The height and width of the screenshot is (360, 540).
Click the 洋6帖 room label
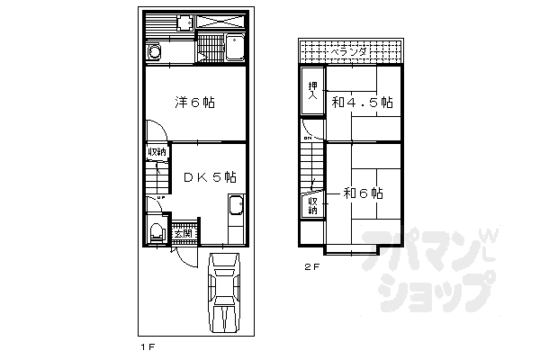pos(194,102)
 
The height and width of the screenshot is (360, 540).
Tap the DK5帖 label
pos(210,177)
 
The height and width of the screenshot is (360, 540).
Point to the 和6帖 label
pos(363,193)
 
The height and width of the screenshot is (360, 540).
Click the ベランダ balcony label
pos(347,53)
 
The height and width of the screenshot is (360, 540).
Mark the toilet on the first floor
pos(156,231)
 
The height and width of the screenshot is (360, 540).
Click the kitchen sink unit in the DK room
pos(236,216)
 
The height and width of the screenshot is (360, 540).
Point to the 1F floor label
pos(148,346)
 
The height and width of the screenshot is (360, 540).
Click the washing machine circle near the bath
pos(154,53)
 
